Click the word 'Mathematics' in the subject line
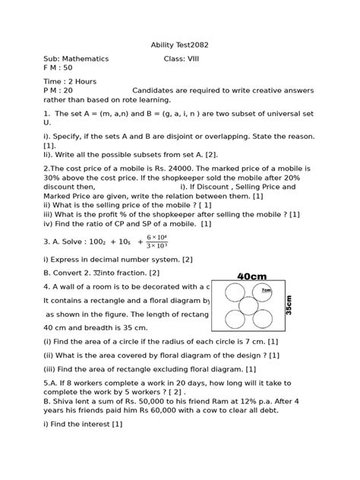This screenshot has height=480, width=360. click(x=87, y=58)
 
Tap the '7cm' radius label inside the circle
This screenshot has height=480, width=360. click(x=266, y=290)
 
